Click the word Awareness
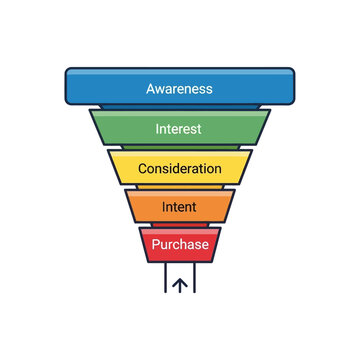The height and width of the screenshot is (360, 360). [x=180, y=88]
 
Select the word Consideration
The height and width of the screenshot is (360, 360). [x=180, y=168]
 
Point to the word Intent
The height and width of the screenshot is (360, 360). [x=180, y=207]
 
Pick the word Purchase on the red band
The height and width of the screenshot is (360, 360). [x=180, y=244]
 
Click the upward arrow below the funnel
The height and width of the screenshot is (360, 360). [x=180, y=284]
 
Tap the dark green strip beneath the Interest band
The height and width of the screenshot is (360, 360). [x=180, y=148]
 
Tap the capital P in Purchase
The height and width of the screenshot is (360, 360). [x=155, y=244]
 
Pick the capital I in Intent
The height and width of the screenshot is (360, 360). [x=163, y=207]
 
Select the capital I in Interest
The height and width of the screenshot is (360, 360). [x=158, y=128]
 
